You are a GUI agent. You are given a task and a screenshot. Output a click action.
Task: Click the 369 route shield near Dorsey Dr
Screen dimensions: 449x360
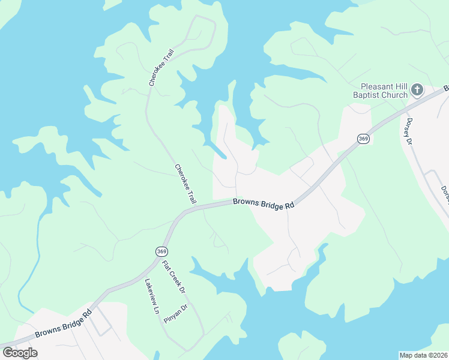point(363,139)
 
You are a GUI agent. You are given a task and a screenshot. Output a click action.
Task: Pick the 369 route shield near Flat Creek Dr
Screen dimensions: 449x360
point(160,251)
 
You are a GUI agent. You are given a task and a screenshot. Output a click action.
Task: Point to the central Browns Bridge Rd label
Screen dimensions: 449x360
point(264,204)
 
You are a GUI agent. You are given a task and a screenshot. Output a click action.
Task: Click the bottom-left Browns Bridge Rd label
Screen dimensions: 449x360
point(63,324)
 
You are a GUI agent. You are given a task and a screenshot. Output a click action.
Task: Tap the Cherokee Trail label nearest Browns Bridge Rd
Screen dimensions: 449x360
point(185,184)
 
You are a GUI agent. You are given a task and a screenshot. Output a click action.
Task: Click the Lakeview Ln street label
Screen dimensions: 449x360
point(151,297)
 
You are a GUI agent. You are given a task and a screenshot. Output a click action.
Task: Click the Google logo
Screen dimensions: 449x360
point(20,352)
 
